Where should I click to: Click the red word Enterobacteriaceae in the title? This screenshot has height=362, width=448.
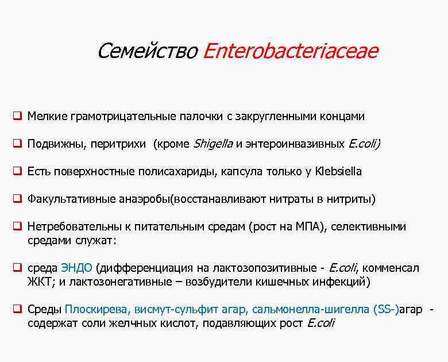click(x=291, y=51)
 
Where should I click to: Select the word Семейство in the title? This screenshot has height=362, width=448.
click(x=148, y=51)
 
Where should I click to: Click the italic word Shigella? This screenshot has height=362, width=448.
click(x=213, y=144)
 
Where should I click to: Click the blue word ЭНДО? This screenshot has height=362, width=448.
click(x=76, y=268)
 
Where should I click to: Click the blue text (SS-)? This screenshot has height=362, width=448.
click(x=385, y=310)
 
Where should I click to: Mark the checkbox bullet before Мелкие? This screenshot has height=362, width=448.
click(x=18, y=117)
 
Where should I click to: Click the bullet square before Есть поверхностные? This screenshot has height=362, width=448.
click(x=18, y=171)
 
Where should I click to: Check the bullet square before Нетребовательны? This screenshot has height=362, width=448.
click(x=18, y=227)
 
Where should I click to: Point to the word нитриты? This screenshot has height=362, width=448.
click(x=350, y=199)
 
